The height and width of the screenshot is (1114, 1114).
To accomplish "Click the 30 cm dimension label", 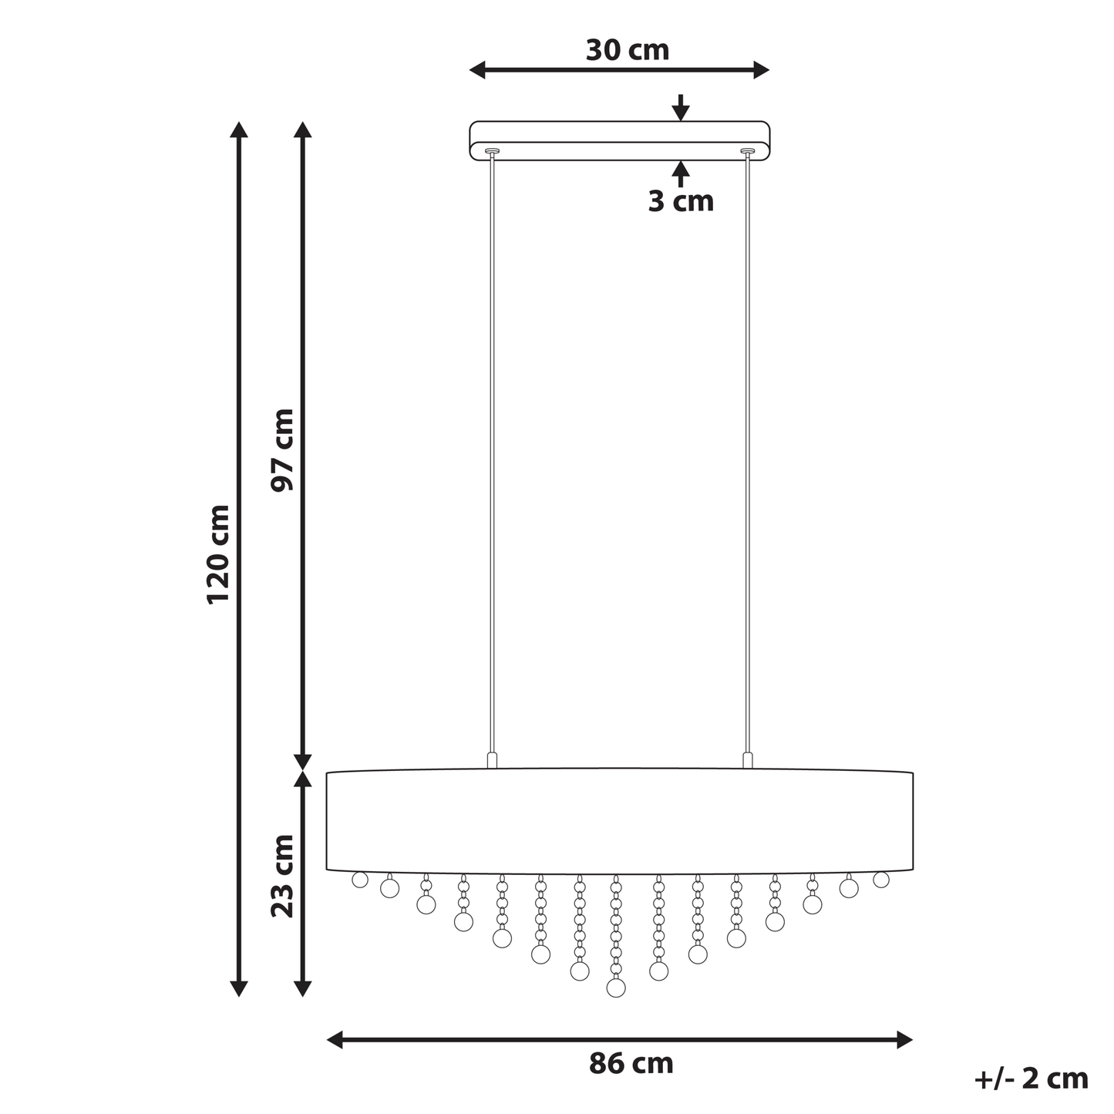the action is (628, 50).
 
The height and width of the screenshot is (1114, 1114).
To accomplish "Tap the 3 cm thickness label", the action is (681, 201).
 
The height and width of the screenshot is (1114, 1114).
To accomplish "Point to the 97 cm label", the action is (283, 450).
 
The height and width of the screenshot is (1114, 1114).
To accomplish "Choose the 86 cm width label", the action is (631, 1064).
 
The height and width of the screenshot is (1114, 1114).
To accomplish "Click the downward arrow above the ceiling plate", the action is (682, 107).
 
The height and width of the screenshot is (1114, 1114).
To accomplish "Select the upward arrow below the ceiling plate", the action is (682, 174).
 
